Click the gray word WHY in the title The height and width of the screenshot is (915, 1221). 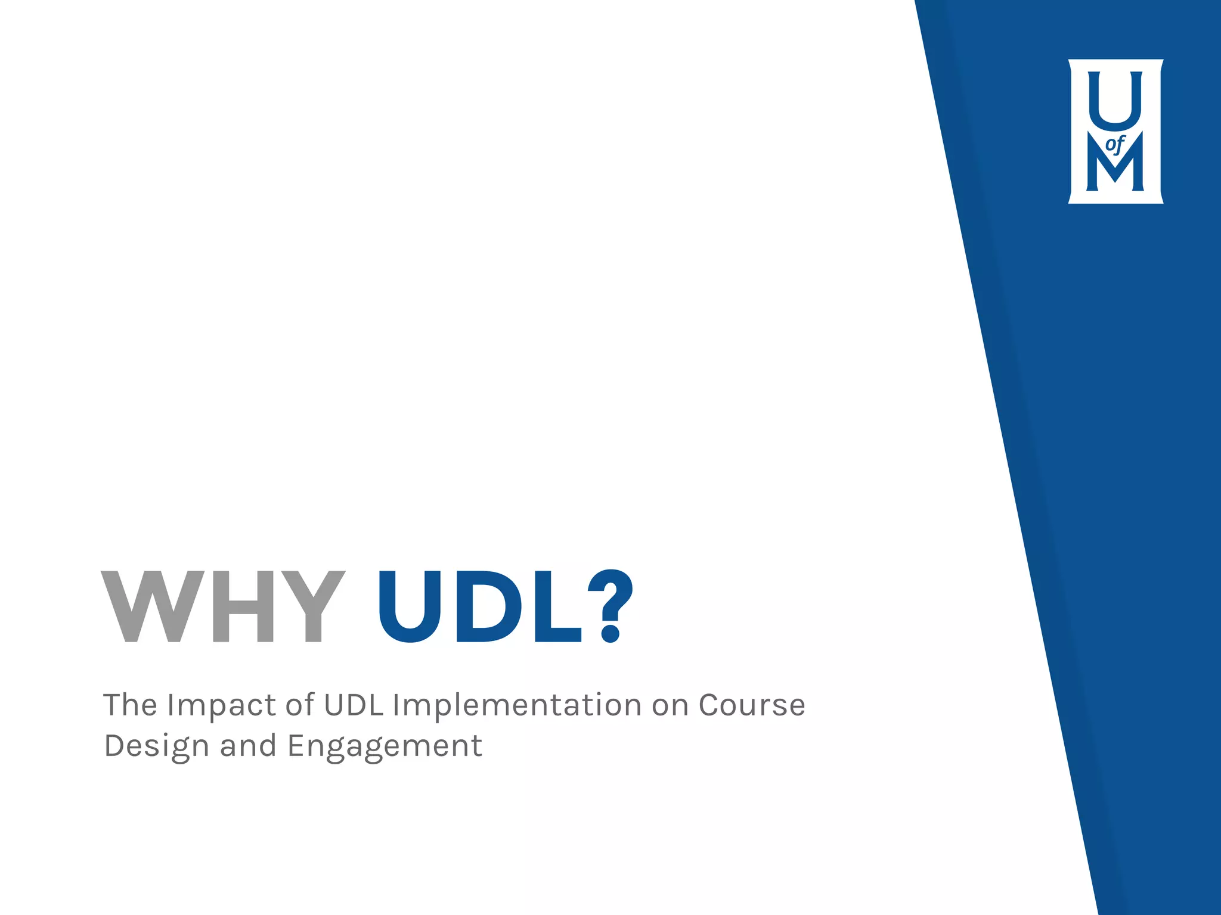pos(223,606)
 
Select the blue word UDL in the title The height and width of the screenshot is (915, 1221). pos(480,606)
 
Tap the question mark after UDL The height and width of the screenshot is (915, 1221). pos(610,606)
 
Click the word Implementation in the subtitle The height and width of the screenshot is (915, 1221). pos(516,706)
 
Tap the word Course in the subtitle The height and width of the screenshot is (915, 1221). pos(752,705)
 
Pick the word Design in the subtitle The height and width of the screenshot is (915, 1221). pos(156,746)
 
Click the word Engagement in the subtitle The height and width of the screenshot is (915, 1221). pos(385,746)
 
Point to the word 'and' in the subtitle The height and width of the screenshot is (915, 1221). pos(248,746)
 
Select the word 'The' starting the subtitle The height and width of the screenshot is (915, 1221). pos(130,705)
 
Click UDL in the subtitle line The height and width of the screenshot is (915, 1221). pos(353,705)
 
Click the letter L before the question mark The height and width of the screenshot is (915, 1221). pos(556,606)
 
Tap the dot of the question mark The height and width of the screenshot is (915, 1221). pos(610,633)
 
